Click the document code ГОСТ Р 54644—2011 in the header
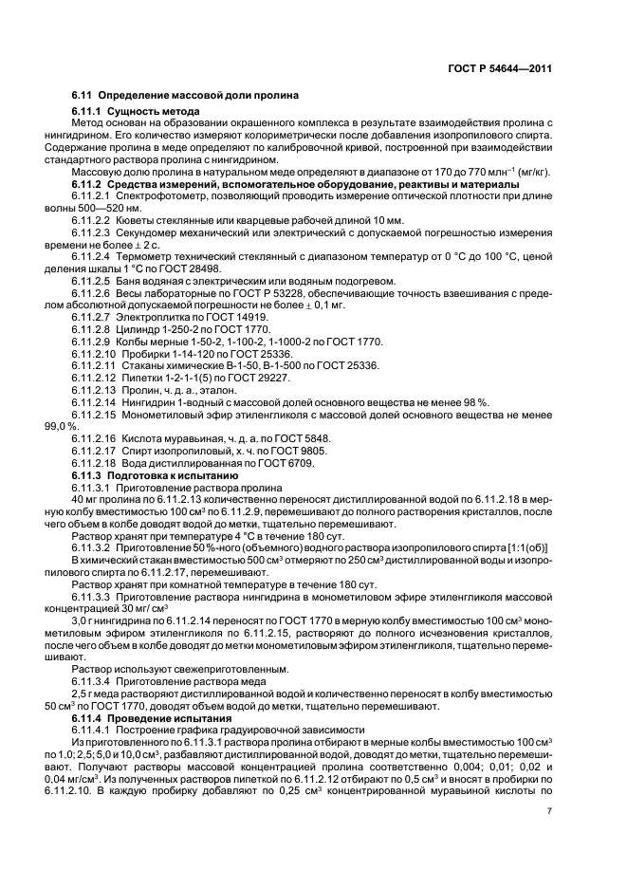[x=499, y=69]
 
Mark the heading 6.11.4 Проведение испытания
[x=146, y=718]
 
